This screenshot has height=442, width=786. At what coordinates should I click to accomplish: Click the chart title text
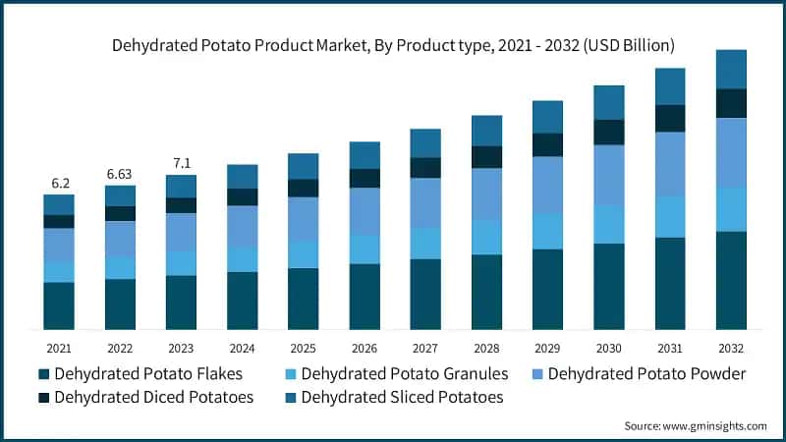[393, 45]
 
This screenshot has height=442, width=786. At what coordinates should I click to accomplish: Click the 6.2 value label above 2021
[59, 184]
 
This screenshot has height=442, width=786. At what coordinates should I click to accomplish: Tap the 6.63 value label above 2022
[120, 174]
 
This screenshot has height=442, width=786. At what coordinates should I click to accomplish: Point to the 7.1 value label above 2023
[181, 163]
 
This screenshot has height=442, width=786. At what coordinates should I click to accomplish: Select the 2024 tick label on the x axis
[242, 349]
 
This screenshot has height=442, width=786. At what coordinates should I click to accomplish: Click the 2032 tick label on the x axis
[730, 349]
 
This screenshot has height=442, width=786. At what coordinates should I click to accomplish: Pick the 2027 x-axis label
[424, 349]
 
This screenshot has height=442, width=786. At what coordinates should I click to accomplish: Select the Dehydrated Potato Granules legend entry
[404, 374]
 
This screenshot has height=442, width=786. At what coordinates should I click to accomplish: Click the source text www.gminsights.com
[696, 425]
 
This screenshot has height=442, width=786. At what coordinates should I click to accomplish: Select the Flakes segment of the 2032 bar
[730, 280]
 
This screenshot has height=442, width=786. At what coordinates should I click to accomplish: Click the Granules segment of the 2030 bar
[608, 224]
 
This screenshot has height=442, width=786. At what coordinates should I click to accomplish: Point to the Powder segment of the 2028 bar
[486, 193]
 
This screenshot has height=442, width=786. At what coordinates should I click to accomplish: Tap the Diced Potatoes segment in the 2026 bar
[365, 178]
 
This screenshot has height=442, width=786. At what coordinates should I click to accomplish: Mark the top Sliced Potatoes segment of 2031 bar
[669, 86]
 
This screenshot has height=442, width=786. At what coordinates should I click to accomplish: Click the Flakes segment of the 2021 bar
[59, 305]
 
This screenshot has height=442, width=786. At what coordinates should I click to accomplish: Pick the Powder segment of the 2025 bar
[303, 219]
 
